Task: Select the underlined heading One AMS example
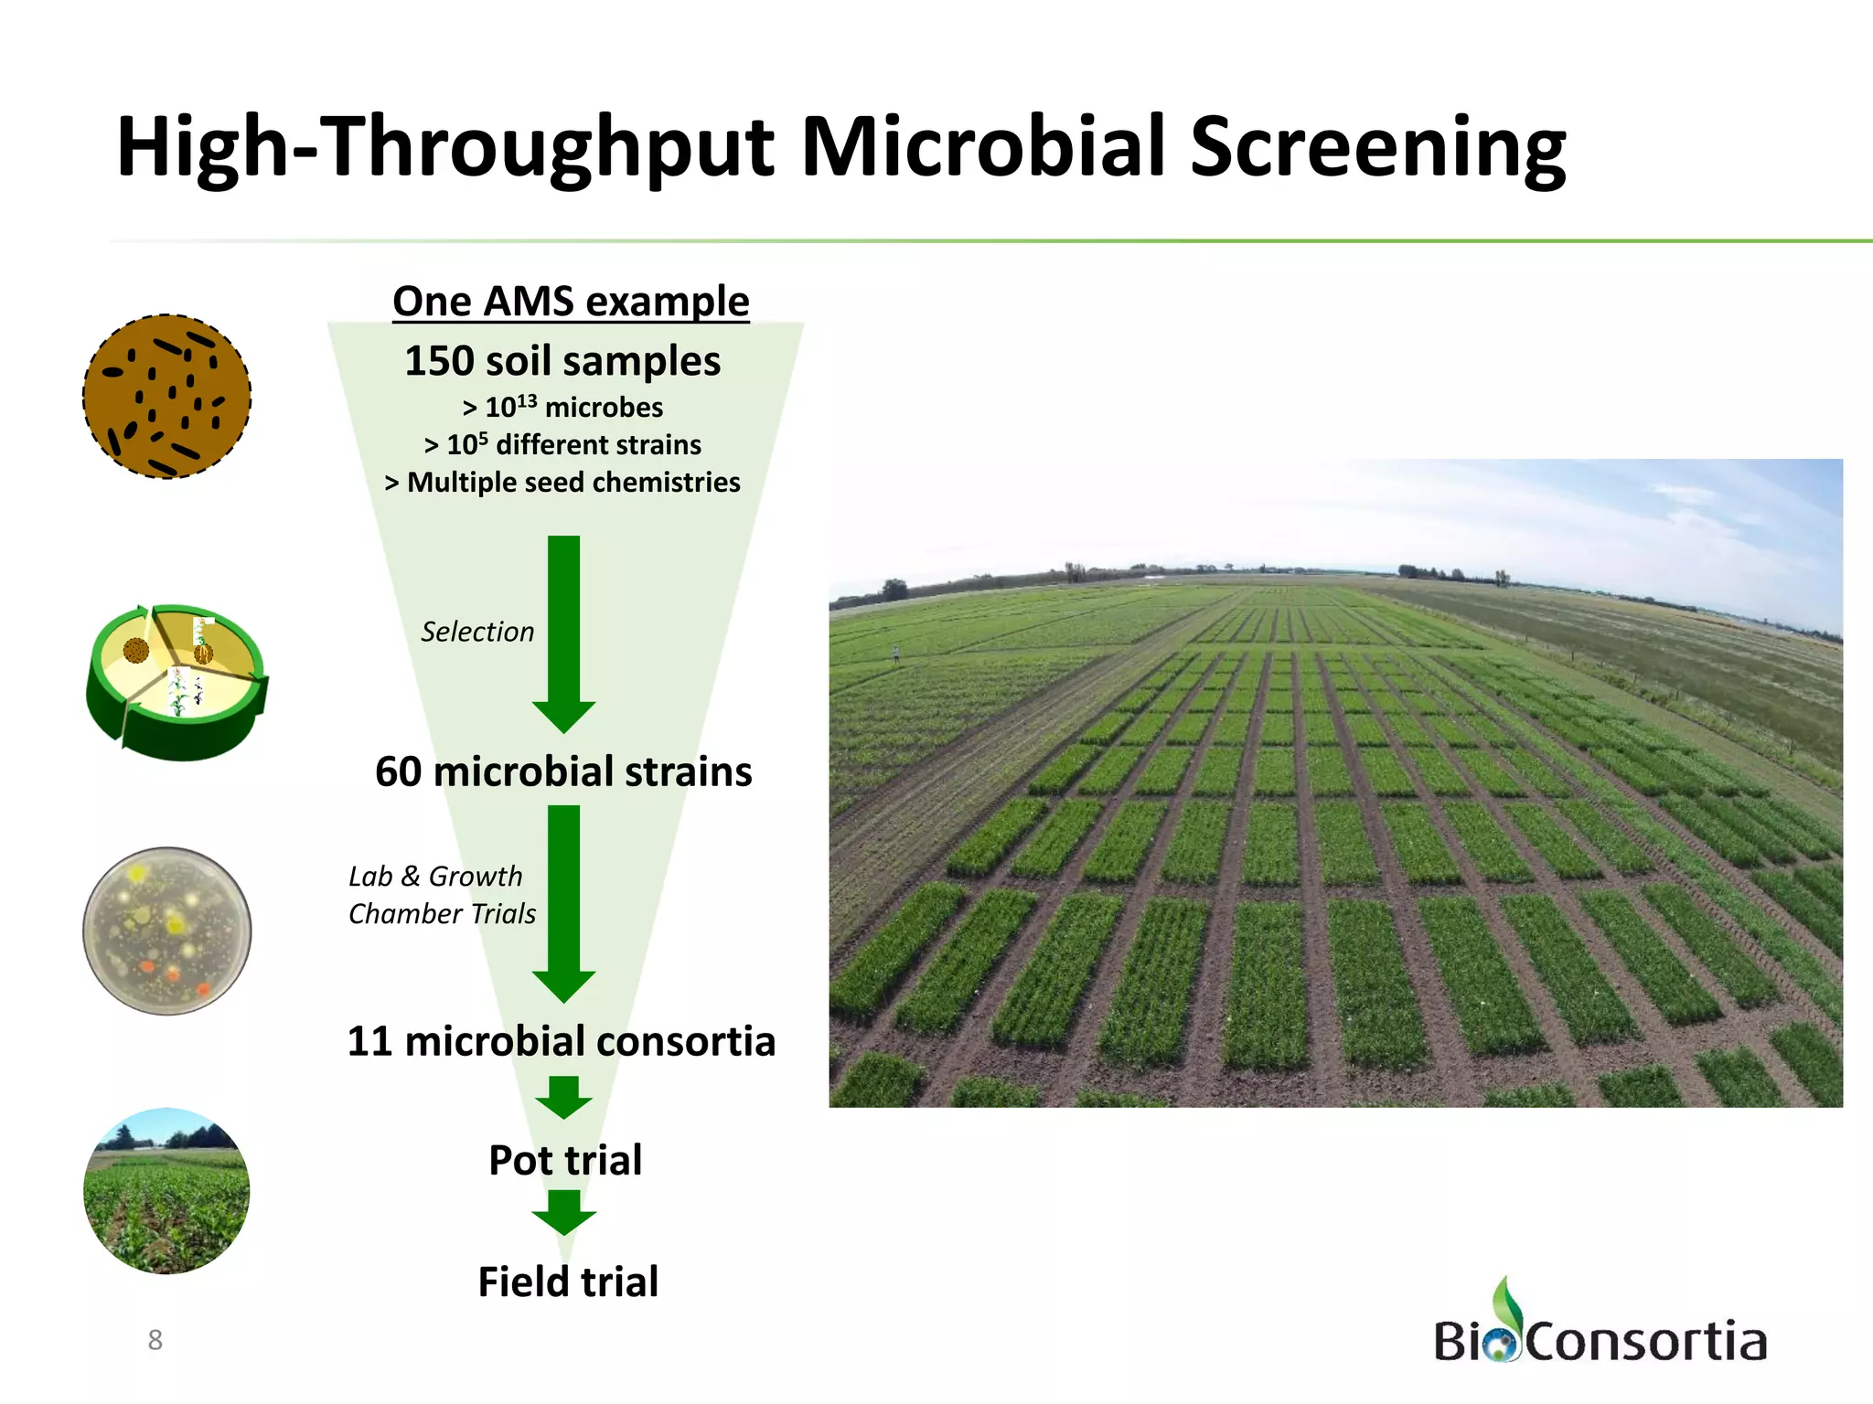pos(571,301)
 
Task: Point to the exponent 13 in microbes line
pos(527,399)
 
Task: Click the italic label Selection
pos(477,632)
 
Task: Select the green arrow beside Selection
pos(564,631)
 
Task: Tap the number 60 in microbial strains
pos(398,772)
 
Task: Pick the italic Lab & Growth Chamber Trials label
pos(442,895)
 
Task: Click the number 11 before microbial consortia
pos(369,1042)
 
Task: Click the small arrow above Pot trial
pos(564,1096)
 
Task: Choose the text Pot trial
pos(565,1161)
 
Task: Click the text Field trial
pos(568,1282)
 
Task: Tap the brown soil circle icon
pos(167,397)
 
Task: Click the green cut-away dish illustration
pos(176,681)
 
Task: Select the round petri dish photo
pos(167,931)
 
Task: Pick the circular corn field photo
pos(166,1191)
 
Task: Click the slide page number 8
pos(155,1340)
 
